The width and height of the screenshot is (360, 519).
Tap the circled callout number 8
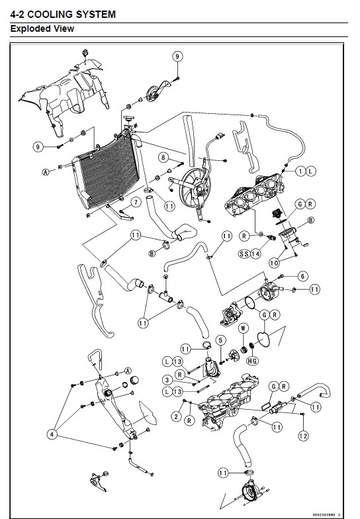click(163, 157)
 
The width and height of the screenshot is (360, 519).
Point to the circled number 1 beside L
click(300, 171)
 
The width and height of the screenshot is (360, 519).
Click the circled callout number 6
click(302, 276)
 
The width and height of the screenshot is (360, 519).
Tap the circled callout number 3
click(167, 380)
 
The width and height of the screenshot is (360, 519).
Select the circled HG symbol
click(252, 361)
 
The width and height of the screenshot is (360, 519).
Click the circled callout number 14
click(255, 254)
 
